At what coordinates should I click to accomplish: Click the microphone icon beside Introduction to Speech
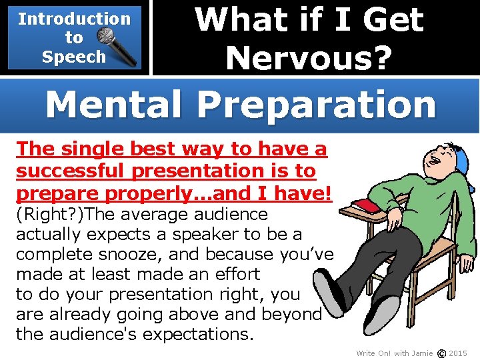pyautogui.click(x=119, y=41)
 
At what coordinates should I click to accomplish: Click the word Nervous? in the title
pyautogui.click(x=309, y=57)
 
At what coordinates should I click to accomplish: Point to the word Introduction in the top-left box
pyautogui.click(x=74, y=19)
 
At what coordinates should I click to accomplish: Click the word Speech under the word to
pyautogui.click(x=73, y=57)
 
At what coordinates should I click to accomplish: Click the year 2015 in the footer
pyautogui.click(x=458, y=353)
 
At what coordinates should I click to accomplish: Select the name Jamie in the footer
pyautogui.click(x=423, y=353)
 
